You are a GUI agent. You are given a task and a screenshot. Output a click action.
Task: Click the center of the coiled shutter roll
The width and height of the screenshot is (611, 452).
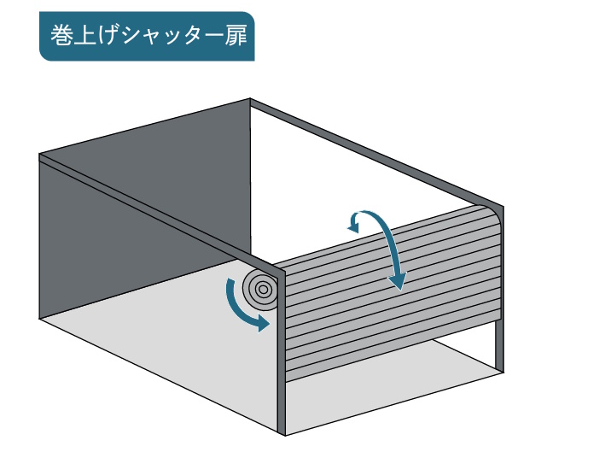click(263, 289)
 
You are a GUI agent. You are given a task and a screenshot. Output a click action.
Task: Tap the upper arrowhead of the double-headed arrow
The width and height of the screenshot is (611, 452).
click(352, 224)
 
